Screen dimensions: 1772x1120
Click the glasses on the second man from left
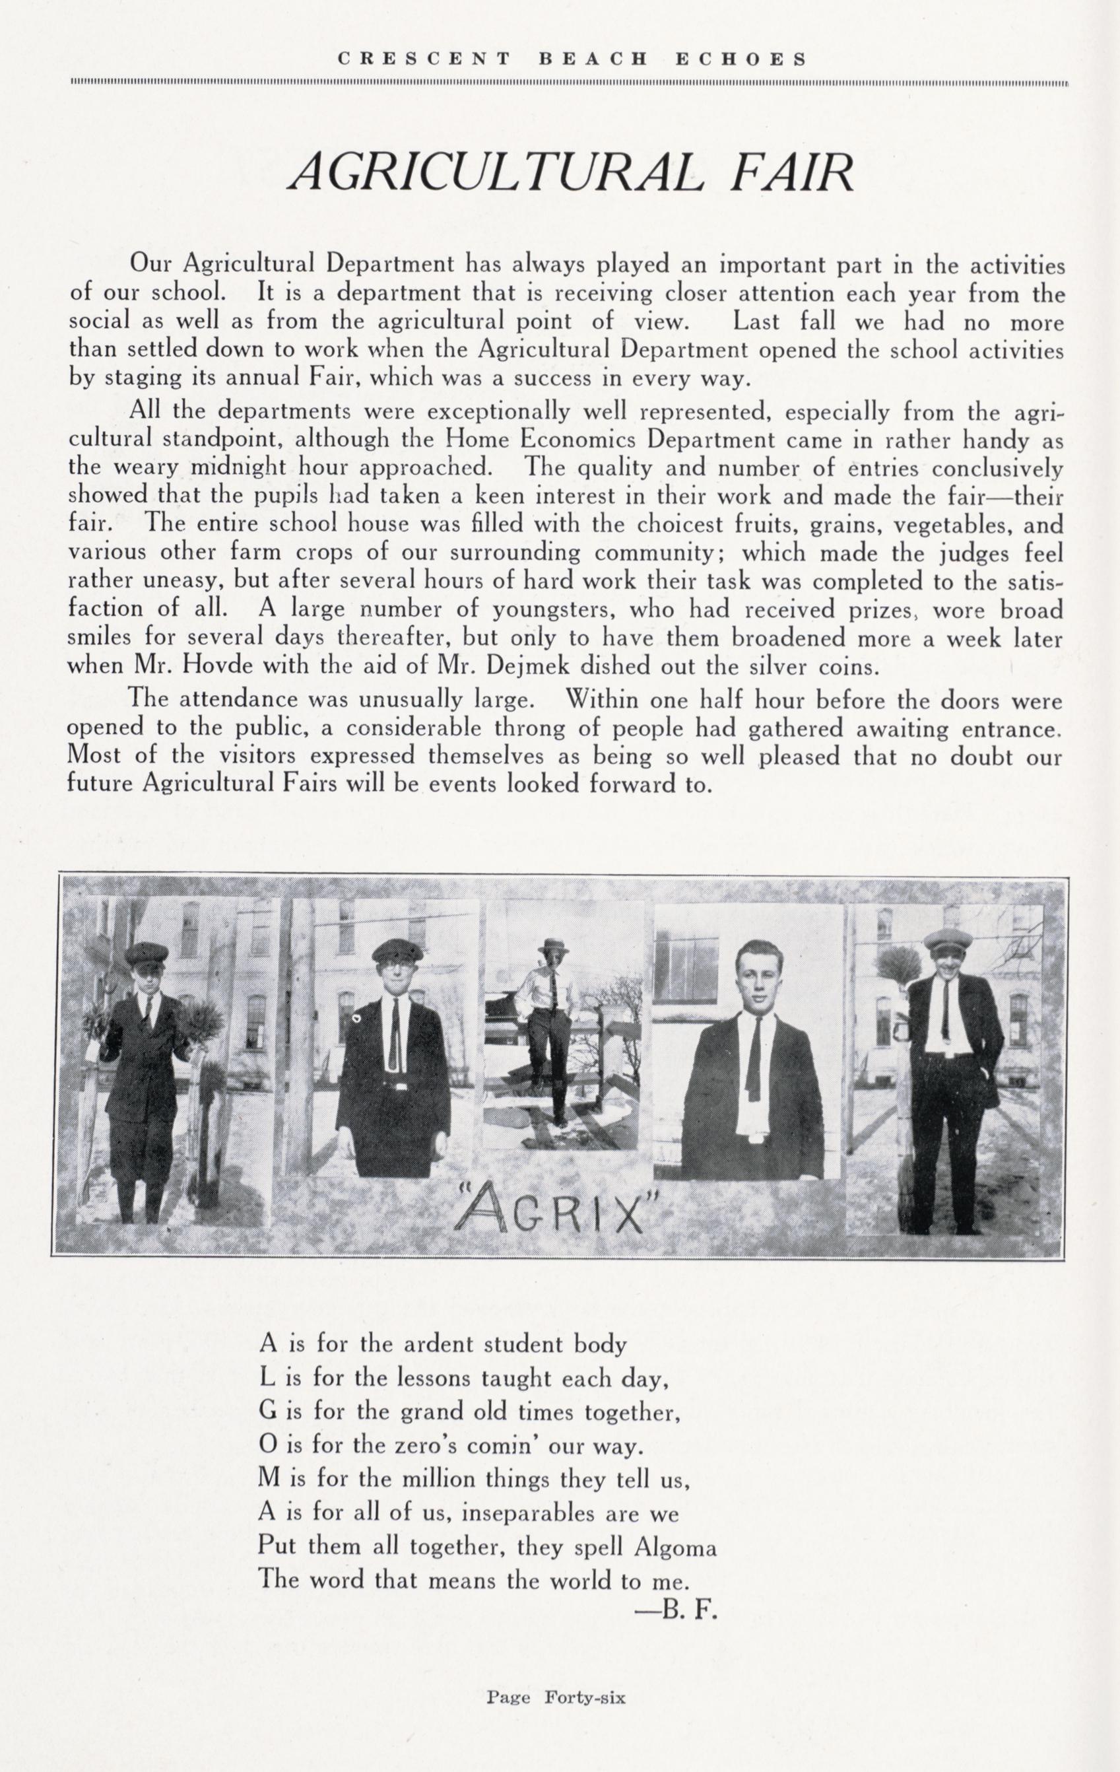click(x=397, y=971)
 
